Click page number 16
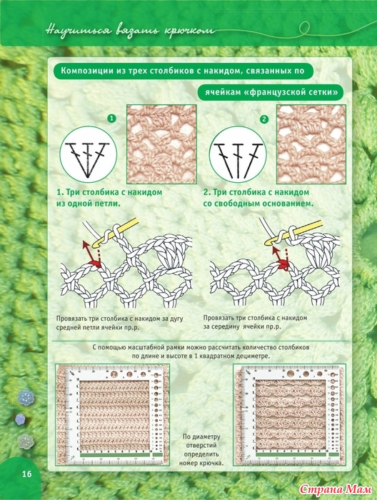click(x=26, y=474)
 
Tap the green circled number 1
click(x=111, y=119)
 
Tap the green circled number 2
click(x=264, y=119)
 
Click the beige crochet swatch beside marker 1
click(x=161, y=144)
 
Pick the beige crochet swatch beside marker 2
click(x=311, y=144)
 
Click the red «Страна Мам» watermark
click(x=336, y=489)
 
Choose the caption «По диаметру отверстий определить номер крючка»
click(x=201, y=449)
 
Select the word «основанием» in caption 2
click(x=284, y=203)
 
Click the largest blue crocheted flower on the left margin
click(x=26, y=398)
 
